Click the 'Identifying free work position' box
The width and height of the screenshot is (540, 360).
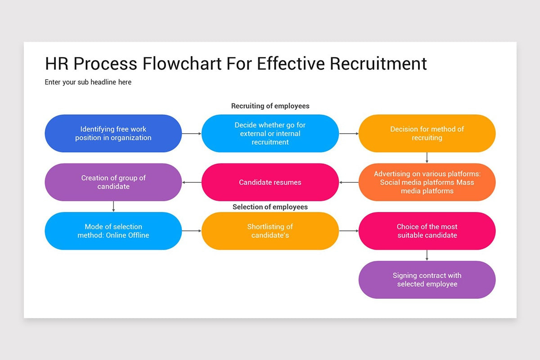point(113,133)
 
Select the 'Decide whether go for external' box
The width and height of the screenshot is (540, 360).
point(270,133)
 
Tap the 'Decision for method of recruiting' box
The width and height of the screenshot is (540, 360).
point(427,133)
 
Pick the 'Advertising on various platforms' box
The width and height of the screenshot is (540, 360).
point(427,182)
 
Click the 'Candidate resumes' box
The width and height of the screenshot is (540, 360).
point(270,182)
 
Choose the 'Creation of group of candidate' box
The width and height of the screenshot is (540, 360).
point(113,182)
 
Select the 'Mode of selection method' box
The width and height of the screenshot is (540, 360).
point(113,231)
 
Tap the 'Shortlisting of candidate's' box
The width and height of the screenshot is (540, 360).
point(270,231)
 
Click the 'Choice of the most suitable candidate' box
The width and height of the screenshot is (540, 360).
point(427,231)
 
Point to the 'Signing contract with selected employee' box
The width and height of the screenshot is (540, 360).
point(427,279)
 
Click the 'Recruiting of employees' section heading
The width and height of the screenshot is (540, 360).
point(270,106)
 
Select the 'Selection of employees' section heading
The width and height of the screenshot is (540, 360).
point(270,207)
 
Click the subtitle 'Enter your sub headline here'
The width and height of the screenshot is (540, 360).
point(88,82)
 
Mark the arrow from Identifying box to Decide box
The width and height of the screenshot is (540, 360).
point(192,134)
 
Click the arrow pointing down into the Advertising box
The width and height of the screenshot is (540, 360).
point(427,158)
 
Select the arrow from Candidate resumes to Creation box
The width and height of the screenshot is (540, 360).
point(192,182)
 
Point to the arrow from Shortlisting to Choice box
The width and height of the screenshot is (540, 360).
point(349,231)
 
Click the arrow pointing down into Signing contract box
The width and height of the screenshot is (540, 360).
point(427,255)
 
